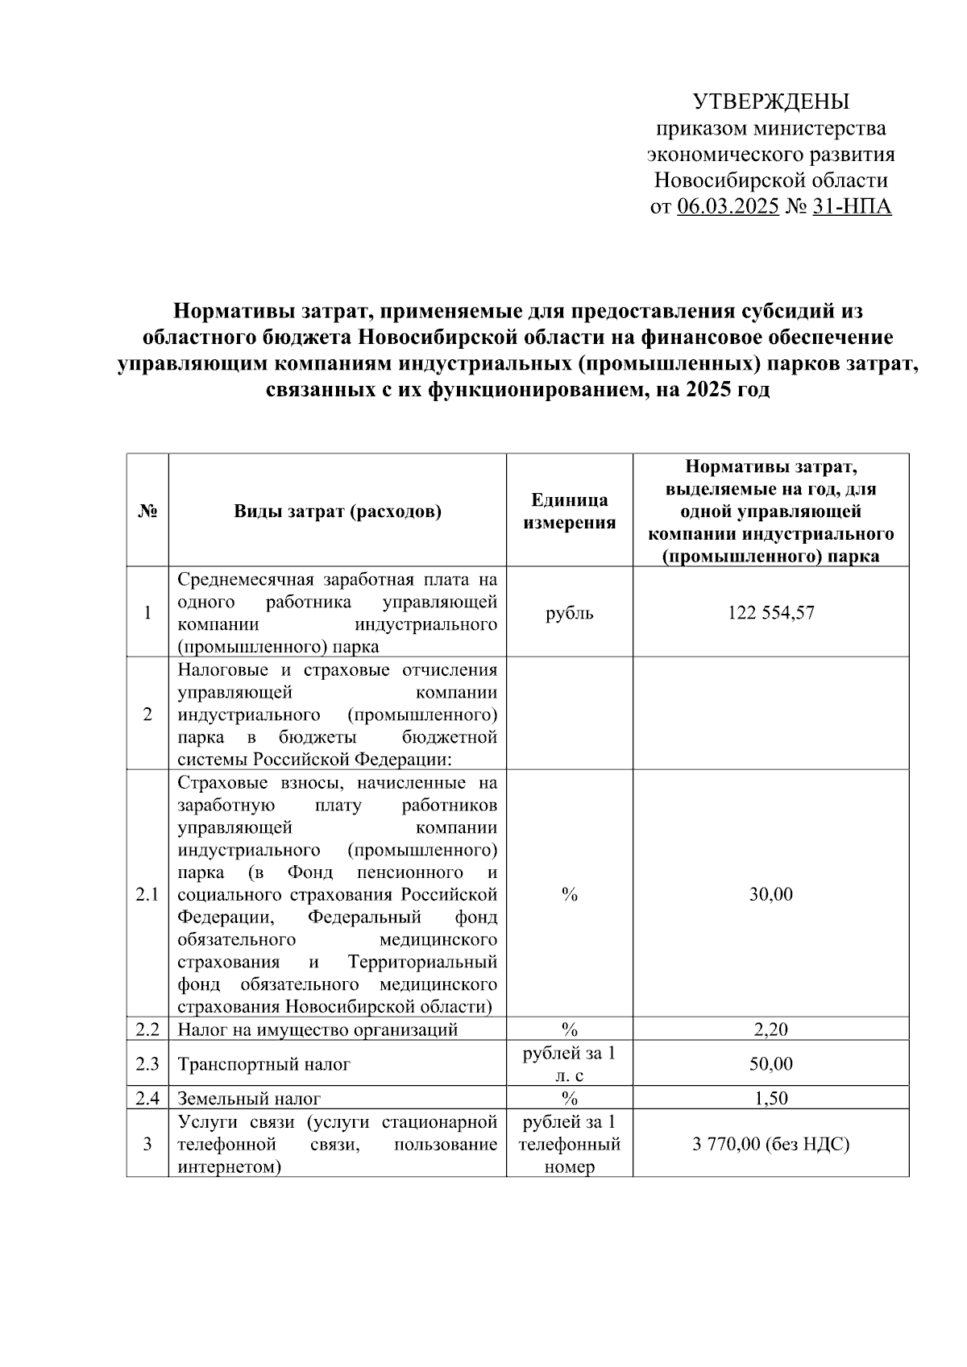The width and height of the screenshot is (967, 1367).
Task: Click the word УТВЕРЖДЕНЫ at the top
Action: (771, 102)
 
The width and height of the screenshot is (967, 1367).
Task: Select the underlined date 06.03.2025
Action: (728, 207)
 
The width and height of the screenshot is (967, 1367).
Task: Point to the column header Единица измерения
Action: (569, 511)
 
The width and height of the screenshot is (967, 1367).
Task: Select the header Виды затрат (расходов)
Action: (338, 511)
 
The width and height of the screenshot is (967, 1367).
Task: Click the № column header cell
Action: (147, 511)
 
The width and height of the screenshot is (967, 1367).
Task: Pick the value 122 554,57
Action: (770, 612)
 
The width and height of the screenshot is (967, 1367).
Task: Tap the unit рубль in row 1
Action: (569, 612)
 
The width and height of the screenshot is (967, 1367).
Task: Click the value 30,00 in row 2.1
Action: (770, 894)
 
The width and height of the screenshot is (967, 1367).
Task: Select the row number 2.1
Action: (147, 894)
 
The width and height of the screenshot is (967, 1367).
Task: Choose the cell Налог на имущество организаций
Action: (317, 1029)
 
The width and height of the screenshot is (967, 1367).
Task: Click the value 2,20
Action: (770, 1029)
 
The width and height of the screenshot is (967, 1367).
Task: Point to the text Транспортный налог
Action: (264, 1064)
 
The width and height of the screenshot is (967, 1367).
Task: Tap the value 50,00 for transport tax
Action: (770, 1064)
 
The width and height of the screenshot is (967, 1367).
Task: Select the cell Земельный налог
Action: (249, 1098)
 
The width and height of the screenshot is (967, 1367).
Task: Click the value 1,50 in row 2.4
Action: (770, 1098)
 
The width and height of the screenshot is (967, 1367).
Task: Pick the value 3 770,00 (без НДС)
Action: (770, 1144)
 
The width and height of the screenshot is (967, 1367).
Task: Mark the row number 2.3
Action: (147, 1064)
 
